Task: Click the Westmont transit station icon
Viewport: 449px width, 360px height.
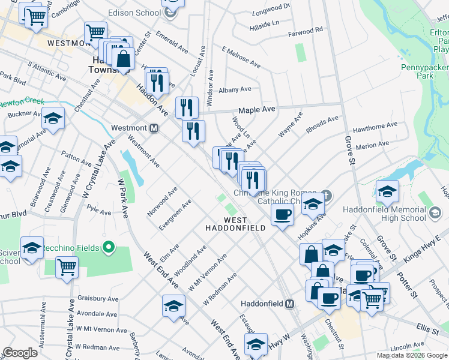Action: click(154, 128)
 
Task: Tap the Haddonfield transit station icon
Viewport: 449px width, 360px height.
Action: click(289, 304)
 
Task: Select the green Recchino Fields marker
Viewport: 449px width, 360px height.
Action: click(109, 247)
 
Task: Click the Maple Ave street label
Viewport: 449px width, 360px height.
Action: click(256, 110)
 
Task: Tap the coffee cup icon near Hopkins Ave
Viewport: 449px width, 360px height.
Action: click(282, 214)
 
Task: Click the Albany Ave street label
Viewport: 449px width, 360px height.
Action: click(235, 89)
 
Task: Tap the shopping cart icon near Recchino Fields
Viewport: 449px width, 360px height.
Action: click(67, 268)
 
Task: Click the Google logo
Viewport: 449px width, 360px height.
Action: click(20, 353)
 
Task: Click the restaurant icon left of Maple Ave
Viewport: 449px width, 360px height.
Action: click(187, 107)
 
